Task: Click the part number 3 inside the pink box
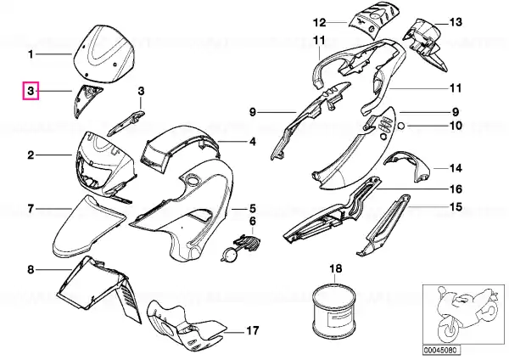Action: tap(31, 91)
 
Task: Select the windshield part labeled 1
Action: tap(103, 53)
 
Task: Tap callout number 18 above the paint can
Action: tap(336, 268)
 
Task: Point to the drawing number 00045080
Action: tap(441, 350)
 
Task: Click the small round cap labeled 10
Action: tap(401, 125)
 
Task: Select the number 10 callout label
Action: tap(456, 125)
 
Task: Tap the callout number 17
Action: tap(253, 331)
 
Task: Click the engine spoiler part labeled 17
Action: tap(184, 327)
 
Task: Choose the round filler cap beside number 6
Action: tap(231, 254)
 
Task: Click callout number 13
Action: tap(456, 22)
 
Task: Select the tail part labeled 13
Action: tap(425, 42)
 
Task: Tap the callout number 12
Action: tap(320, 22)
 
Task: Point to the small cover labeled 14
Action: tap(407, 166)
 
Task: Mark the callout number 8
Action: tap(31, 269)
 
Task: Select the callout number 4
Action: tap(253, 142)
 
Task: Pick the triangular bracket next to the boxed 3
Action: tap(86, 99)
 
